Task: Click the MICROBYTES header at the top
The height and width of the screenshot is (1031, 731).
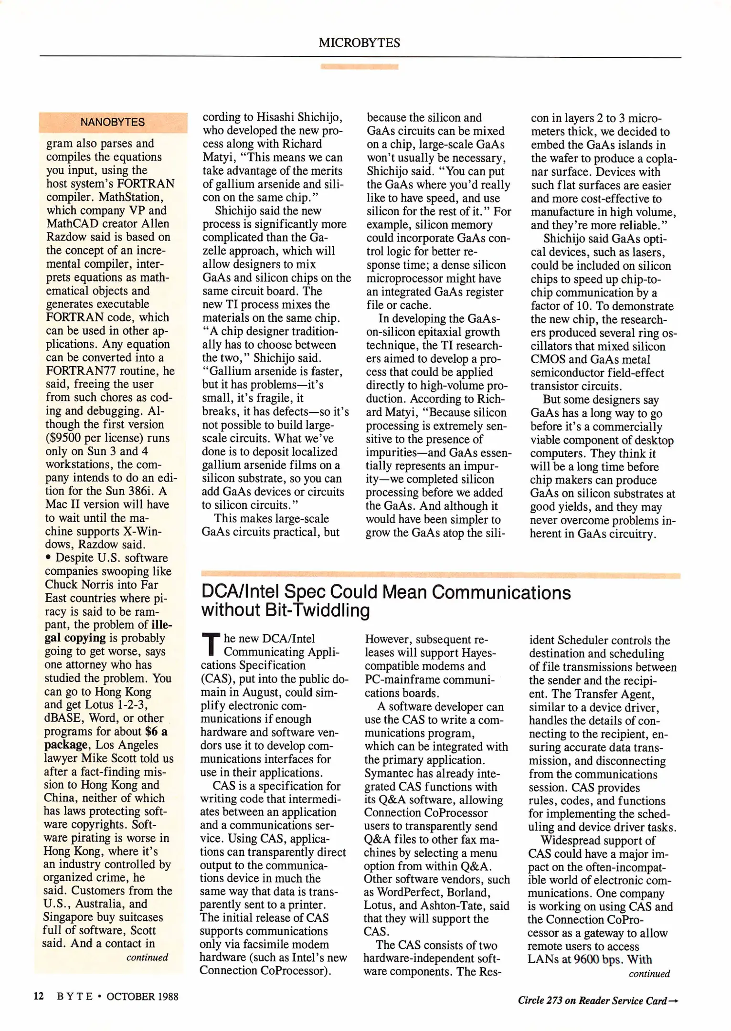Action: (359, 43)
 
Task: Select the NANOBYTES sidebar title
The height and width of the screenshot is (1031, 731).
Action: (112, 122)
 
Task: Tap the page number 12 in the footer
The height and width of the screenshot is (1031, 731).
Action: (39, 996)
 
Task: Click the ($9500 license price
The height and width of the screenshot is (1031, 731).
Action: (66, 438)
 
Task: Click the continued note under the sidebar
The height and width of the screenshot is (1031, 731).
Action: (147, 957)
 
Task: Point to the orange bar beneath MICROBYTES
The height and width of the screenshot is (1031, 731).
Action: (359, 67)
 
